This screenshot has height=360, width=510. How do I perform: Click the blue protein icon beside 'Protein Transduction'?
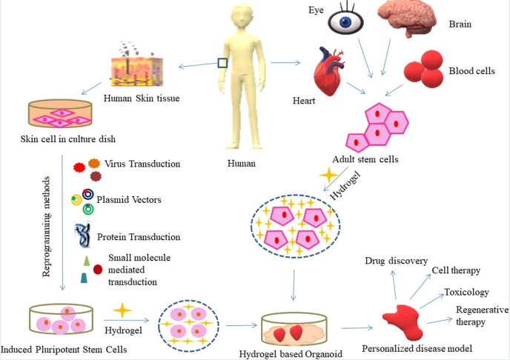tap(82, 236)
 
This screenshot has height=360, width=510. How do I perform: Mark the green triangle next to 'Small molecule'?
tap(87, 260)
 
